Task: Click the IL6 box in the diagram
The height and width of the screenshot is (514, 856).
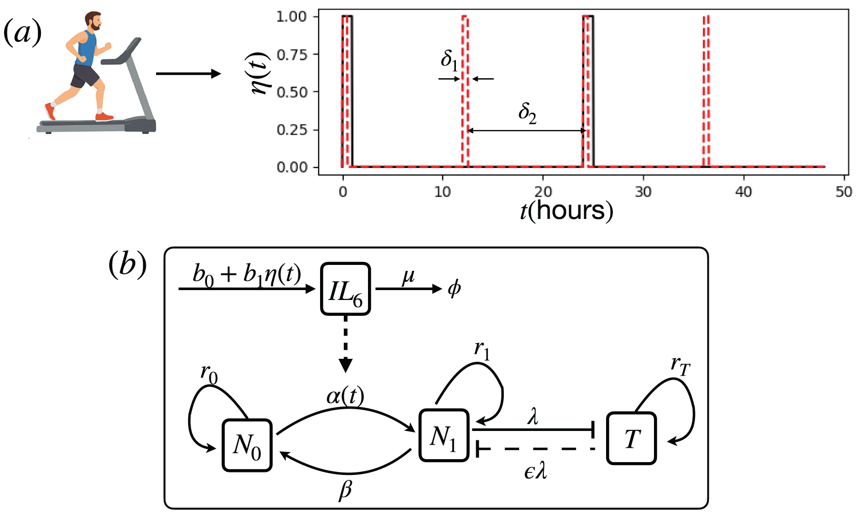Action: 345,289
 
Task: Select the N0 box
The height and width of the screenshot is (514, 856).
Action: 247,445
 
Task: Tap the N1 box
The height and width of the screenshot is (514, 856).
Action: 444,435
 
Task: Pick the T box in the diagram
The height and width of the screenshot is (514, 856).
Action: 631,438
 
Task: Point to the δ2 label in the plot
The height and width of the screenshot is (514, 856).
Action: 527,113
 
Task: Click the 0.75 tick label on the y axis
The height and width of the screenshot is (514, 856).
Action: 292,54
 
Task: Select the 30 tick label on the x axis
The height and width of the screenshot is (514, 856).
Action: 643,191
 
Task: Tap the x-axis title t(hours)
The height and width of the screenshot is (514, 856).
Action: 567,211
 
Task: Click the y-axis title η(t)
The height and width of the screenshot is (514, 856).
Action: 260,73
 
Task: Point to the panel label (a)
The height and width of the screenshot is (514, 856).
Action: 22,34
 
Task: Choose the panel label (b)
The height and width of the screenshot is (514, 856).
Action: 127,264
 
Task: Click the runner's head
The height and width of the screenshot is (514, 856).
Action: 92,21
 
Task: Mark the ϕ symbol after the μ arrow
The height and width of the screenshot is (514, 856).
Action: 454,288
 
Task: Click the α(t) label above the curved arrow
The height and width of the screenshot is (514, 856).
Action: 345,396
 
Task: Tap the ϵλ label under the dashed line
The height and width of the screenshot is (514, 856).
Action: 535,471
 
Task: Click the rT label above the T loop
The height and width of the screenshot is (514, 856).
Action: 680,366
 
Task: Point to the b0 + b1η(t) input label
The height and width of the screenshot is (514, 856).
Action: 247,274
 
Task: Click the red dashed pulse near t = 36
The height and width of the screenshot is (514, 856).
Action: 706,91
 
